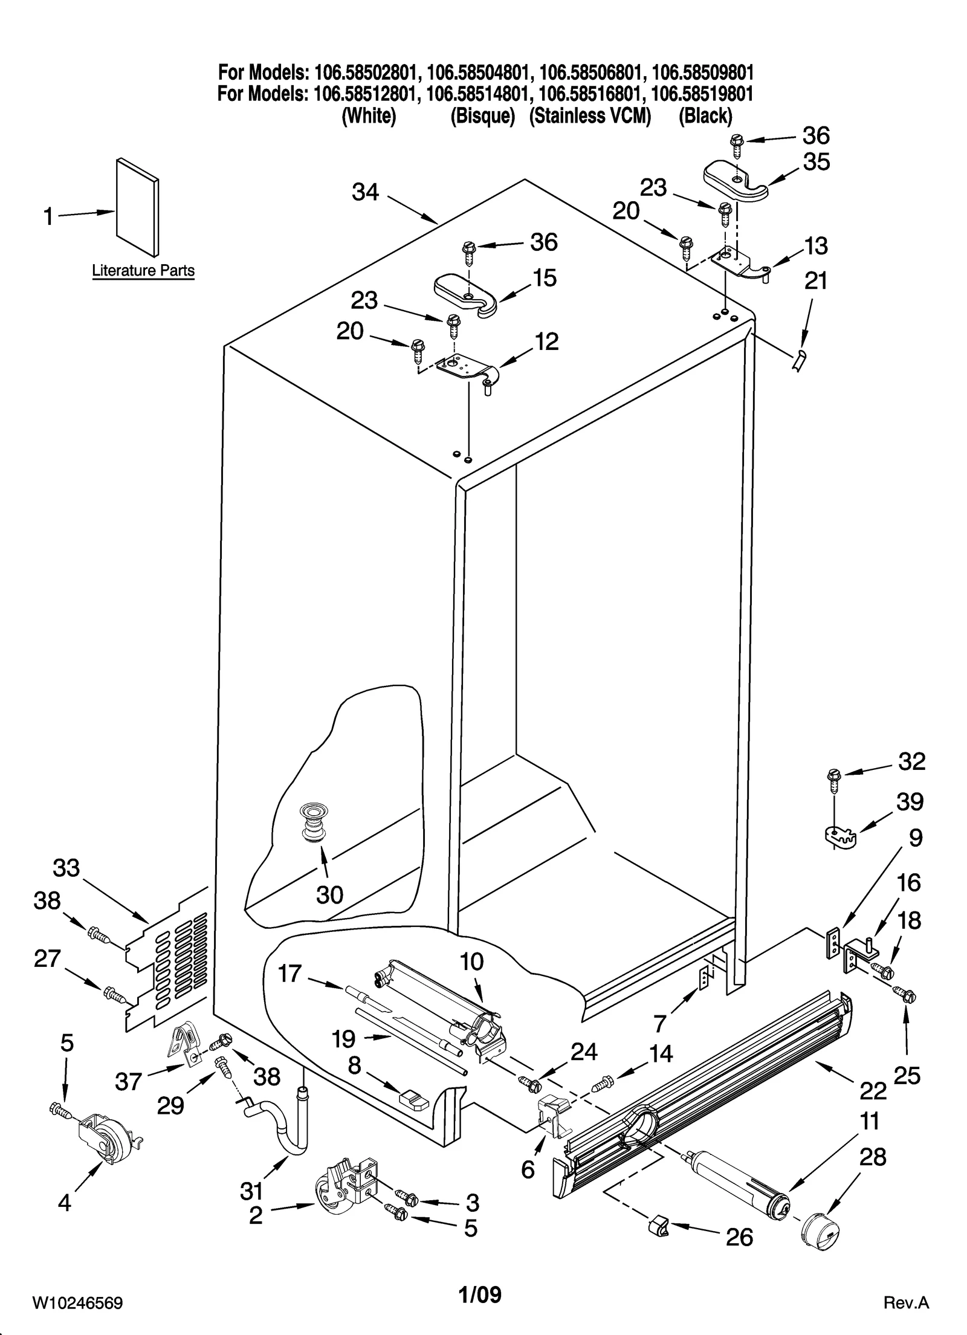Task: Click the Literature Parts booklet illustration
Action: [137, 207]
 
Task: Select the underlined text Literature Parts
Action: [143, 270]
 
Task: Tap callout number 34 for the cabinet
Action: [366, 193]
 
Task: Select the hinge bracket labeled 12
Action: [467, 368]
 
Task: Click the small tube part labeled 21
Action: [799, 361]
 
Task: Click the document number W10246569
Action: [77, 1300]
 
